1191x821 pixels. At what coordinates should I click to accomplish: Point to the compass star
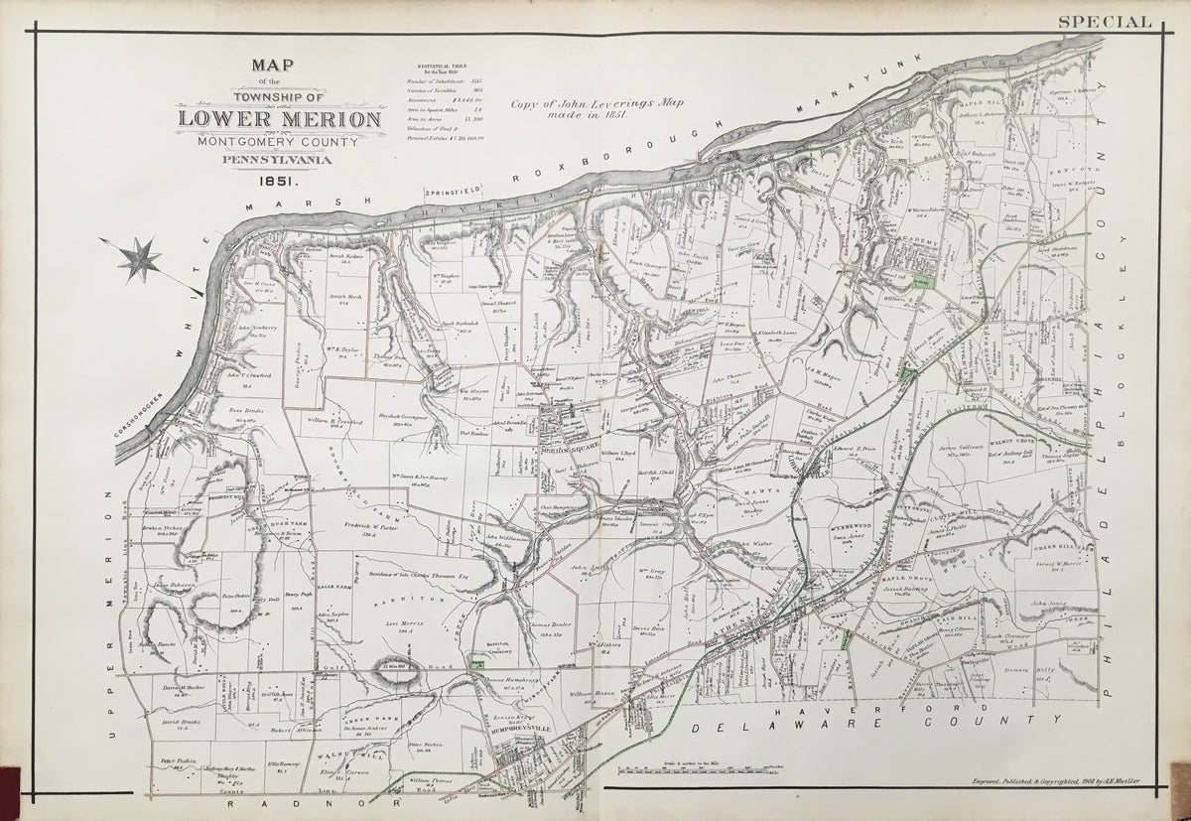coord(139,257)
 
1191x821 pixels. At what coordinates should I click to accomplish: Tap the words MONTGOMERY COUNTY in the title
coord(278,140)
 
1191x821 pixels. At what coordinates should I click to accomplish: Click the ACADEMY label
coord(918,241)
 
